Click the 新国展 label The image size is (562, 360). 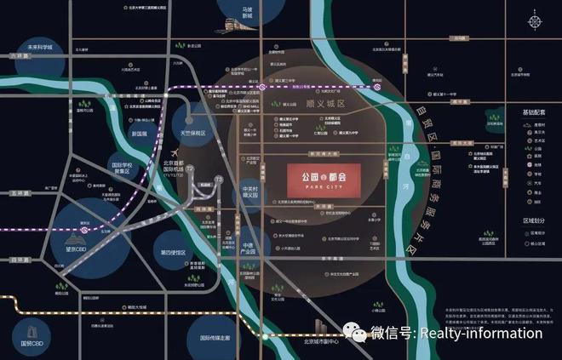(140, 134)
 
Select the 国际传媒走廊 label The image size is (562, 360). (216, 339)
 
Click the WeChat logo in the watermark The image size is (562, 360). (353, 333)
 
